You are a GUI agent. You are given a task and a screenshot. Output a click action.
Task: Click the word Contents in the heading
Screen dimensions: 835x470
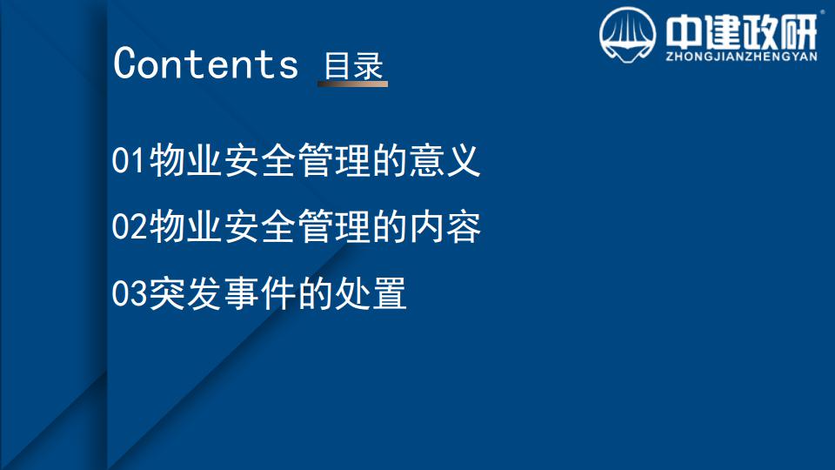205,64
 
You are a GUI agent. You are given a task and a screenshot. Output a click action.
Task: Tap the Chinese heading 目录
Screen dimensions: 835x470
354,66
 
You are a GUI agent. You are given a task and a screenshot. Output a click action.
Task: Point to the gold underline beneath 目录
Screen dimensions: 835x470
352,84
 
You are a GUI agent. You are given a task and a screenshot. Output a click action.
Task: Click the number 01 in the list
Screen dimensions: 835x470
129,160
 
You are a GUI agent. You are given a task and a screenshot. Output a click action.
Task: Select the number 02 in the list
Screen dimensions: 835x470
129,226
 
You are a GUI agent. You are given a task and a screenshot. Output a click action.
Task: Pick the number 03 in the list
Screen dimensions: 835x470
129,292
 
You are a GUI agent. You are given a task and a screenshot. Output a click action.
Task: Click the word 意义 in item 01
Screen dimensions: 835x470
444,160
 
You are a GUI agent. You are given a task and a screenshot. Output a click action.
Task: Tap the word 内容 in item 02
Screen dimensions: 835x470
444,226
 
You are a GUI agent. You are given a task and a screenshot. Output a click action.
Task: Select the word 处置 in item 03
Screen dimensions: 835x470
371,292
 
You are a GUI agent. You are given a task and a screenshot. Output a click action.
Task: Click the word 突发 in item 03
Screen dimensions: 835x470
184,292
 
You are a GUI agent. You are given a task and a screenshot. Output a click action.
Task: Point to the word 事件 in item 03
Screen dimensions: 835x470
259,292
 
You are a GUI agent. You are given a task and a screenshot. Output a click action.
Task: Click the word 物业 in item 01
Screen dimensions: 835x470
184,160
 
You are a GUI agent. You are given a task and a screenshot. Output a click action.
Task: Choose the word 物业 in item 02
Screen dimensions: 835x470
184,226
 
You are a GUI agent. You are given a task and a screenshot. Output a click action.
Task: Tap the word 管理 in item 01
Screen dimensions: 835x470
333,160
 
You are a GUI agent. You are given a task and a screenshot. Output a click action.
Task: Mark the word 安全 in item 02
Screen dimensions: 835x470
259,226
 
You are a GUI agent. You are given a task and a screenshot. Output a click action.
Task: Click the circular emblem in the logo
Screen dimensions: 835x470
627,35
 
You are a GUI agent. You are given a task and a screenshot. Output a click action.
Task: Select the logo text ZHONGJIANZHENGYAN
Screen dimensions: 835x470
741,57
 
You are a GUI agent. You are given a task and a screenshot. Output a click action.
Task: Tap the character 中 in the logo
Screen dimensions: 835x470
683,32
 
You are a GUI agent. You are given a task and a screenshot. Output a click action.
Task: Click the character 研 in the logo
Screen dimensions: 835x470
798,32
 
